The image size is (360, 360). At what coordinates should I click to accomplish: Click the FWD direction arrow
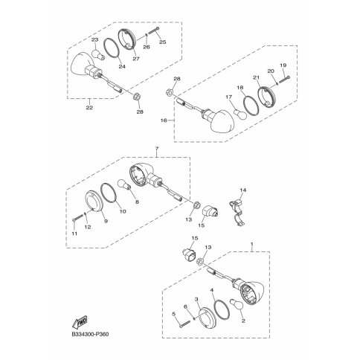(80, 323)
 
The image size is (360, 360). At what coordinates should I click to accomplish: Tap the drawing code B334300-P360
(90, 334)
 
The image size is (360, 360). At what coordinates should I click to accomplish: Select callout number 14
(243, 190)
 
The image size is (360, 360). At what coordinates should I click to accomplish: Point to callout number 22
(89, 107)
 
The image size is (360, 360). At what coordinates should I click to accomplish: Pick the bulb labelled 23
(98, 55)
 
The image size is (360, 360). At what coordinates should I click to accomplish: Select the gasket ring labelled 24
(111, 51)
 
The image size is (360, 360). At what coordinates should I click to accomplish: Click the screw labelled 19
(285, 80)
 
